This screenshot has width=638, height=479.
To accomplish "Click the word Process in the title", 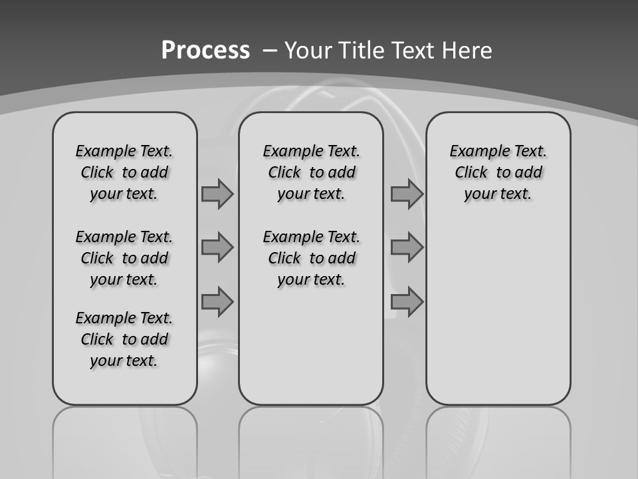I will (x=205, y=50).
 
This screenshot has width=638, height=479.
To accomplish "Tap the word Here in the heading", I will (x=467, y=50).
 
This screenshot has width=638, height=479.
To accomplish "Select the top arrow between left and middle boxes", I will (x=217, y=194).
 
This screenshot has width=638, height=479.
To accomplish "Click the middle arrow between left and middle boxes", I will (x=217, y=247).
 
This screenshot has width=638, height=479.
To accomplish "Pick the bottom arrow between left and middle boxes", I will (x=217, y=302).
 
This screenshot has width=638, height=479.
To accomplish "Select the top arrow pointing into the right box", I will (x=407, y=194).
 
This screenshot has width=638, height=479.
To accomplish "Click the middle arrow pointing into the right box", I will (x=407, y=247).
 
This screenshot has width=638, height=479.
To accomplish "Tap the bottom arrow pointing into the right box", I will (x=407, y=302).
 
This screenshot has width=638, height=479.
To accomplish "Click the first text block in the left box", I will (x=124, y=172).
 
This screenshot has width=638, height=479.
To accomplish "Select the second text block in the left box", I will (x=124, y=258).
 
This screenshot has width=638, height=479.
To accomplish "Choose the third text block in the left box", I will (x=124, y=339).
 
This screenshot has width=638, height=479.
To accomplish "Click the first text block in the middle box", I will (x=311, y=172).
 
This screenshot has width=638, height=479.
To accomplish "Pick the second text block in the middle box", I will (x=311, y=258).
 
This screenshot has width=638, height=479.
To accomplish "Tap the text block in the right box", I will (x=498, y=172).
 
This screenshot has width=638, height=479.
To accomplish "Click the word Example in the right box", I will (x=475, y=152).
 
